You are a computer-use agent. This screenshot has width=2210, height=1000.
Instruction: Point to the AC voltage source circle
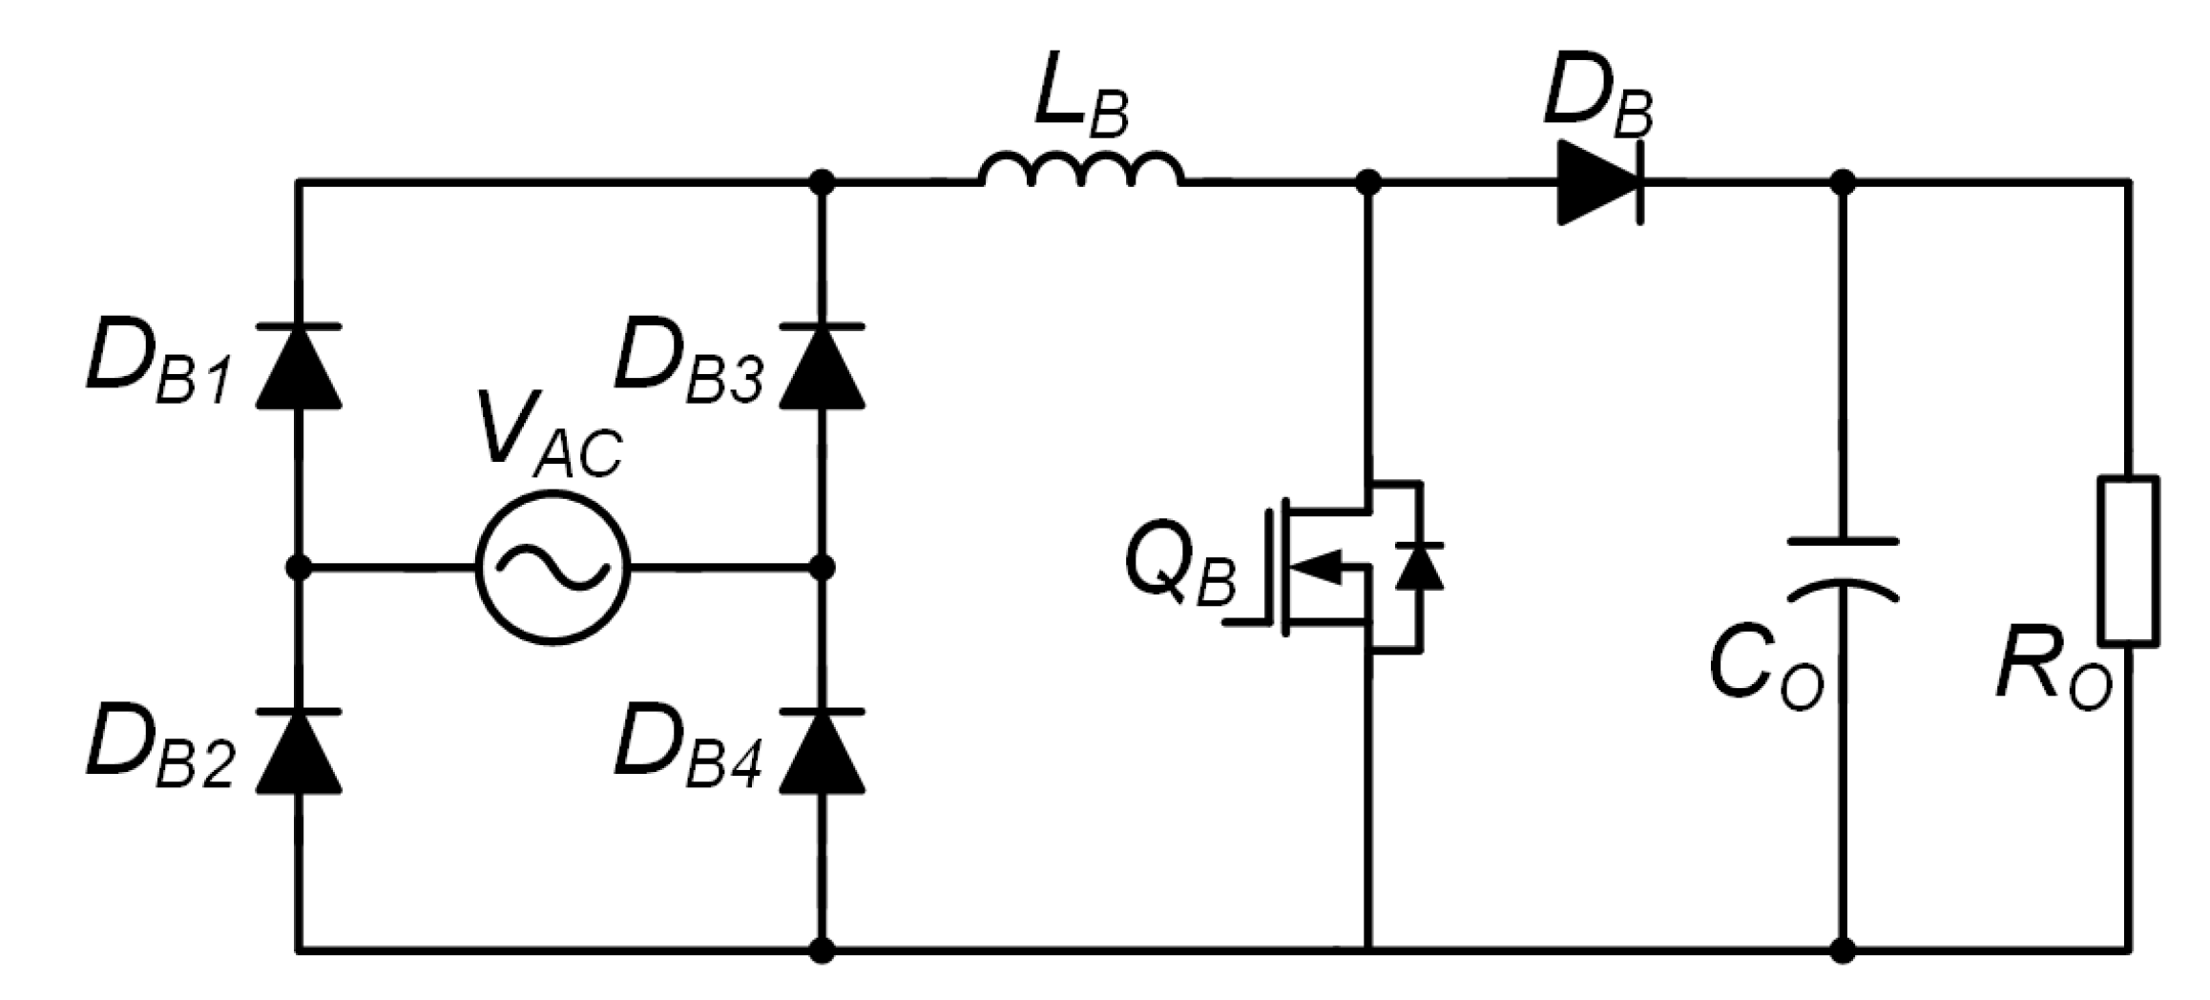552,568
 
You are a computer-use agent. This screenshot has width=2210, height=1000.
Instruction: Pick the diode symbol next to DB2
299,752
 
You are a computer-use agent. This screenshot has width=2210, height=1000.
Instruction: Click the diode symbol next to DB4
822,752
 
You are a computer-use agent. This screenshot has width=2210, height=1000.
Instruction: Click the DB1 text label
157,367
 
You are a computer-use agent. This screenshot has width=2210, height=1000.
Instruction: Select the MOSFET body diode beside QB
1420,565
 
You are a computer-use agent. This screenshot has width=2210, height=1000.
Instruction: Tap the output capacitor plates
1843,568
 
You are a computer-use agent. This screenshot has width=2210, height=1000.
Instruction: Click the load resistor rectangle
2129,560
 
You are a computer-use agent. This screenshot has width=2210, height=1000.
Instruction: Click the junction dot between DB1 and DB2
299,568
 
